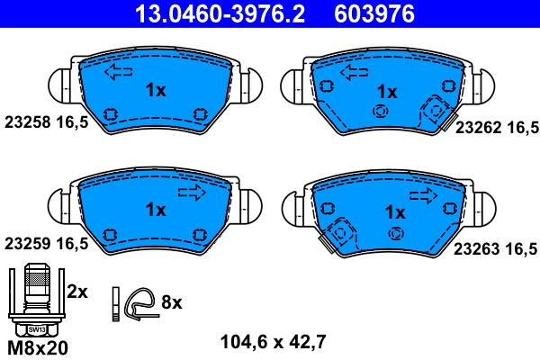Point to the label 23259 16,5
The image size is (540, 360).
tap(46, 243)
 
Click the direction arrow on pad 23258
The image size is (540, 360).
tap(118, 72)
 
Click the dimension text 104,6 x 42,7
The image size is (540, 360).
tap(273, 341)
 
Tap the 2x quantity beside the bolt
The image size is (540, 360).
tap(77, 291)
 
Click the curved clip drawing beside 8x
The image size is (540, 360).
tap(139, 303)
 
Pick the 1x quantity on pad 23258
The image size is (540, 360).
tap(156, 90)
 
